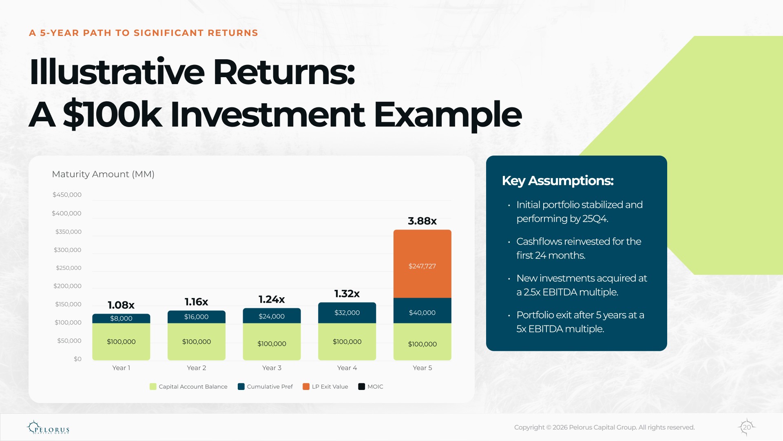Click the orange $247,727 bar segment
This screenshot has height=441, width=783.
[x=422, y=264]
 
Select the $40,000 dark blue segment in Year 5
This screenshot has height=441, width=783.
[x=422, y=311]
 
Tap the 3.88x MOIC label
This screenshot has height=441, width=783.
[x=422, y=221]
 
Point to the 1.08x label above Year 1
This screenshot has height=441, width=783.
[x=121, y=305]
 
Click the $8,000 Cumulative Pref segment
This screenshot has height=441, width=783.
[x=121, y=318]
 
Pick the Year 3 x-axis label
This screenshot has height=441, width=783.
[x=272, y=368]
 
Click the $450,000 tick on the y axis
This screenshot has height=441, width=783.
[x=67, y=195]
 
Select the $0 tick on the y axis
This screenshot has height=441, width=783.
[x=77, y=359]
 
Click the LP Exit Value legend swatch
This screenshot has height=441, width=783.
[x=306, y=387]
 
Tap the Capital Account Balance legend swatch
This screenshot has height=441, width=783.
[x=153, y=387]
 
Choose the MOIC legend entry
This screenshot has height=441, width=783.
[x=371, y=387]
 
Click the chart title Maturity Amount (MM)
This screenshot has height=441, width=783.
[x=103, y=174]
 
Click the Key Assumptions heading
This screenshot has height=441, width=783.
[x=557, y=181]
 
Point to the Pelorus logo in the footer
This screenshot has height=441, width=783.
[x=48, y=427]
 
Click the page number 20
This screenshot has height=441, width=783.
[x=747, y=427]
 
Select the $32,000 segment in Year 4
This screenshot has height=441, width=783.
[x=347, y=313]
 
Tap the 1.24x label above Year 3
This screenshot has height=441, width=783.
[x=272, y=299]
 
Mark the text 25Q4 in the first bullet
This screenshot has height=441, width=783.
[x=595, y=219]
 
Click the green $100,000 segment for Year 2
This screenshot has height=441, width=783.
[x=197, y=342]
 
